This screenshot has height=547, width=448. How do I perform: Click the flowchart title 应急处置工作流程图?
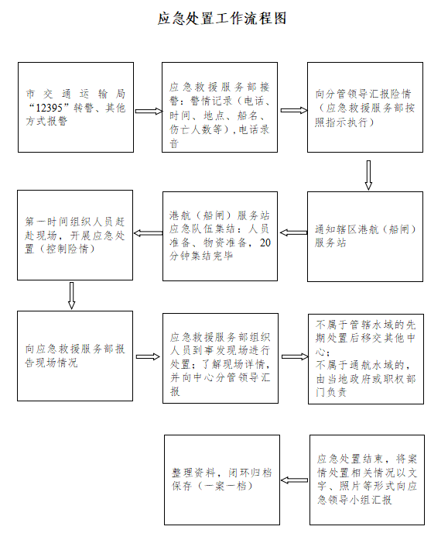pos(222,19)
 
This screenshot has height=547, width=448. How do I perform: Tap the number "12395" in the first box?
pos(49,108)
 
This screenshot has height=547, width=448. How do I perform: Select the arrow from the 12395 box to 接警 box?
pos(149,112)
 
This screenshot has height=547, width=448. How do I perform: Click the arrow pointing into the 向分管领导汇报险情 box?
pos(294,111)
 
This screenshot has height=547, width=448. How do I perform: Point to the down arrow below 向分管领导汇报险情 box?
pos(368,175)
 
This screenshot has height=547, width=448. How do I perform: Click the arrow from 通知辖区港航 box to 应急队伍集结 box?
pos(294,232)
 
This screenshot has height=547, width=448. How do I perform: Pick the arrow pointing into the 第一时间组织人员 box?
pos(148,233)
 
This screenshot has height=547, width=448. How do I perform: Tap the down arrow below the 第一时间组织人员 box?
pos(71,295)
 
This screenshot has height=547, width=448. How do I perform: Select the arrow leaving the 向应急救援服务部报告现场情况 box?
pos(148,357)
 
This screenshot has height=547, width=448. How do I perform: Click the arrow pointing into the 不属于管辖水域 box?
pos(295,356)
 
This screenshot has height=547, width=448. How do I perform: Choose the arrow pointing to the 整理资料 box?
pos(294,480)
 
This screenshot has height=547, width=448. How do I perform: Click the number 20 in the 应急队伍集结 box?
pos(265,243)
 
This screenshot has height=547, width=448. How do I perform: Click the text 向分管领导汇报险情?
pos(363,94)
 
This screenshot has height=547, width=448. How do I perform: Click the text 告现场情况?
pos(51,363)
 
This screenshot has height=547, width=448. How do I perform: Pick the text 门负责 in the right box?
pos(331,392)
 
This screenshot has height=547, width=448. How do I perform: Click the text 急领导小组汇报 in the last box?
pos(354,500)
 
